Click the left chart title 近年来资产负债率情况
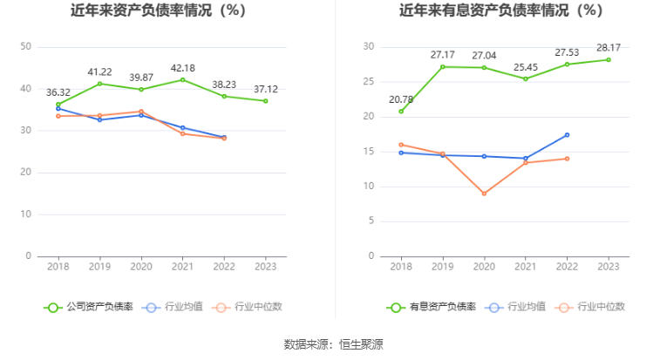tap(158, 11)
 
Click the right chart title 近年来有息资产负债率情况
tap(500, 11)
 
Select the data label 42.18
tap(182, 68)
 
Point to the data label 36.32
tap(58, 91)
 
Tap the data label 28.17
tap(608, 47)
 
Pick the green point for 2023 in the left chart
tap(266, 101)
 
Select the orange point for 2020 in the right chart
tap(484, 194)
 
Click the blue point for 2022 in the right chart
tap(567, 135)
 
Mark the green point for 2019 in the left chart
tap(99, 84)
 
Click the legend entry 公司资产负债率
tap(89, 307)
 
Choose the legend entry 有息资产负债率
tap(432, 307)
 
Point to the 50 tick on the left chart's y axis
tap(26, 46)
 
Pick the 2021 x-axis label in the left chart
tap(182, 266)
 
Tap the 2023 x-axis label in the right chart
tap(608, 266)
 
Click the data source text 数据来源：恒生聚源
tap(333, 344)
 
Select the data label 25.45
tap(525, 67)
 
